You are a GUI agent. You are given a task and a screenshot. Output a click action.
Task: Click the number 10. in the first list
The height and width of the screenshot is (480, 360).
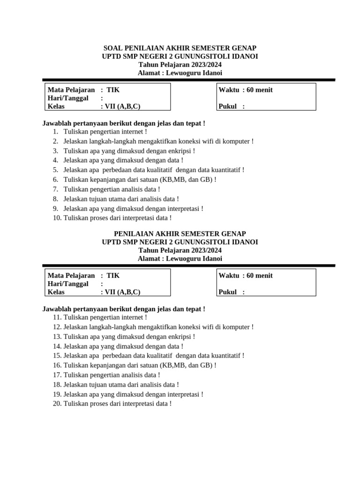click(57, 218)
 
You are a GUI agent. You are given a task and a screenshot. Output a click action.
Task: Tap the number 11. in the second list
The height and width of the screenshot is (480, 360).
click(57, 317)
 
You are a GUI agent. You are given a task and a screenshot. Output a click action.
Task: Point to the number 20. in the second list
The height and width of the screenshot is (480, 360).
click(57, 404)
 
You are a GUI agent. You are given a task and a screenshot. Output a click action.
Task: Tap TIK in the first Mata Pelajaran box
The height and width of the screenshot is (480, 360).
click(113, 90)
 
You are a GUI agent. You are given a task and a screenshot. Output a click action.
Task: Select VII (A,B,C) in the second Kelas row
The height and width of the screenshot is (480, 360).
click(122, 292)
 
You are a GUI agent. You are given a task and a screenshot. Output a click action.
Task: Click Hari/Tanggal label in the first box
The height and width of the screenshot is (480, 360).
click(68, 98)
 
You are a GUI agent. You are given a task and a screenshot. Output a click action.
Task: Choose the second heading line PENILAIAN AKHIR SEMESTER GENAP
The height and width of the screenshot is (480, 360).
click(180, 233)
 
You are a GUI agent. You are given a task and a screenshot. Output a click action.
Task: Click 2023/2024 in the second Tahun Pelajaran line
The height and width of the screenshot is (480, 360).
click(203, 250)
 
